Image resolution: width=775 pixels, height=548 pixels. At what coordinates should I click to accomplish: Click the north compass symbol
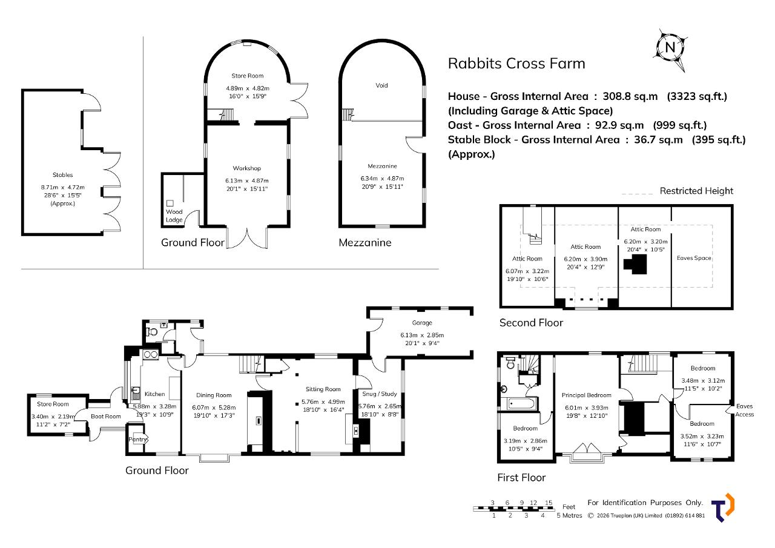click(670, 50)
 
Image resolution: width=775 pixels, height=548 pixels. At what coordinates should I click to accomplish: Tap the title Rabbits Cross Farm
click(516, 64)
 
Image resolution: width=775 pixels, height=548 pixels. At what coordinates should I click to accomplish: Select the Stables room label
click(62, 175)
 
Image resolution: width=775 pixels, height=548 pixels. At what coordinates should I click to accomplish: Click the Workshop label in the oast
click(246, 168)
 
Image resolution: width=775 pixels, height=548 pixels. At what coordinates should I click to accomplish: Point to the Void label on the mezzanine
click(381, 85)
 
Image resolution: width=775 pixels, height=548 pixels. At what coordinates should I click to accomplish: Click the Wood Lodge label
click(174, 216)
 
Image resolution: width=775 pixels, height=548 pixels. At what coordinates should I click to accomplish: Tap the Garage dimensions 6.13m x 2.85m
click(422, 335)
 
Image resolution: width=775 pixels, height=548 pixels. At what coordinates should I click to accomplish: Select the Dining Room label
click(214, 395)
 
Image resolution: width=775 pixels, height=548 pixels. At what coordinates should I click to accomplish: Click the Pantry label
click(137, 440)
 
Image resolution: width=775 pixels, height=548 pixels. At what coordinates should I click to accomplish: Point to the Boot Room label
click(106, 417)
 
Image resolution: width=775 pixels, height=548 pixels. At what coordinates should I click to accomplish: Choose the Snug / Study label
click(380, 394)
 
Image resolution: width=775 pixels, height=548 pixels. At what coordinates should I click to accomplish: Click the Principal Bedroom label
click(587, 395)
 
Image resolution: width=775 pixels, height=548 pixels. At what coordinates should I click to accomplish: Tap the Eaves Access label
click(745, 411)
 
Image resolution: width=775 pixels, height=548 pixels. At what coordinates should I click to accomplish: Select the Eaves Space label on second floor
click(694, 258)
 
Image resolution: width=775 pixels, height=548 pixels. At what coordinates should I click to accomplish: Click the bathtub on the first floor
click(519, 403)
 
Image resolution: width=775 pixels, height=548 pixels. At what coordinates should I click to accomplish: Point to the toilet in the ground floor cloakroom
click(152, 332)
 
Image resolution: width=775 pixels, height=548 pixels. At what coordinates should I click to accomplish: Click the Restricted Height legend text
click(696, 191)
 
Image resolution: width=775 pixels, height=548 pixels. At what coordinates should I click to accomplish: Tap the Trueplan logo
click(723, 507)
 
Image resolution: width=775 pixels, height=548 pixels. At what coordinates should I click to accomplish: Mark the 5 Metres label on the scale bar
click(570, 515)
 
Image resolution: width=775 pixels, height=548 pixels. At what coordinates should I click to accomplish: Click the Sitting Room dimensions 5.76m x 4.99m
click(323, 402)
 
